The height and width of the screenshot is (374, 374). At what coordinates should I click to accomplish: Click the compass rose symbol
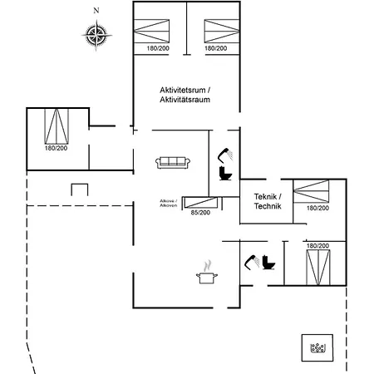pyautogui.click(x=96, y=36)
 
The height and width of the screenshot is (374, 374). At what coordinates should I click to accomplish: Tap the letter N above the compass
pyautogui.click(x=96, y=11)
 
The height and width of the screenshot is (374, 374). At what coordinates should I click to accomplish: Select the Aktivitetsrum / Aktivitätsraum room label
pyautogui.click(x=185, y=95)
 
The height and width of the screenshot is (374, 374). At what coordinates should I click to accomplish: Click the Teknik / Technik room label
pyautogui.click(x=268, y=201)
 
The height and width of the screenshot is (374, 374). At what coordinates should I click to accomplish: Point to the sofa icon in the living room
pyautogui.click(x=173, y=162)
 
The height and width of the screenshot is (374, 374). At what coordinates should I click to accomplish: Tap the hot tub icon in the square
pyautogui.click(x=317, y=348)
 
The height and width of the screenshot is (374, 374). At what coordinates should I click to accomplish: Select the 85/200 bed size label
pyautogui.click(x=200, y=213)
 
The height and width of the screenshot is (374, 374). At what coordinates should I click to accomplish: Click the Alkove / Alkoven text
pyautogui.click(x=169, y=203)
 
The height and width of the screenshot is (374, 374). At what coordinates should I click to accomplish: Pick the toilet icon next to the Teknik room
pyautogui.click(x=225, y=174)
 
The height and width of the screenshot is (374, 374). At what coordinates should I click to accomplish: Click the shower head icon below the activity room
pyautogui.click(x=225, y=155)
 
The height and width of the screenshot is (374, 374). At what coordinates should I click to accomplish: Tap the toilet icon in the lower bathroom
pyautogui.click(x=268, y=262)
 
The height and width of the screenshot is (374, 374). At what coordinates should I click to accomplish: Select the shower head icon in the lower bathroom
pyautogui.click(x=252, y=262)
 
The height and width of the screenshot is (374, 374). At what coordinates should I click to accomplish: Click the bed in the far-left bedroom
pyautogui.click(x=57, y=126)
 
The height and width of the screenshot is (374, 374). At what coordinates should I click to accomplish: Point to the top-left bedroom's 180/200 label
pyautogui.click(x=158, y=48)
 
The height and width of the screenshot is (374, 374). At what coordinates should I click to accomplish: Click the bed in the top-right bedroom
pyautogui.click(x=222, y=31)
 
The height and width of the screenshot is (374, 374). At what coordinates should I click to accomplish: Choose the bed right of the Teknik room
pyautogui.click(x=311, y=191)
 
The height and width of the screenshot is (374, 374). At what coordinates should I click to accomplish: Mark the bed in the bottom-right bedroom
pyautogui.click(x=318, y=268)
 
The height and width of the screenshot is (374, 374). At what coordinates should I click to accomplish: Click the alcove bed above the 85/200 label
pyautogui.click(x=201, y=202)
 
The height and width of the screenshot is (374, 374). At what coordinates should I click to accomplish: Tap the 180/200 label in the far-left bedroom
pyautogui.click(x=56, y=148)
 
